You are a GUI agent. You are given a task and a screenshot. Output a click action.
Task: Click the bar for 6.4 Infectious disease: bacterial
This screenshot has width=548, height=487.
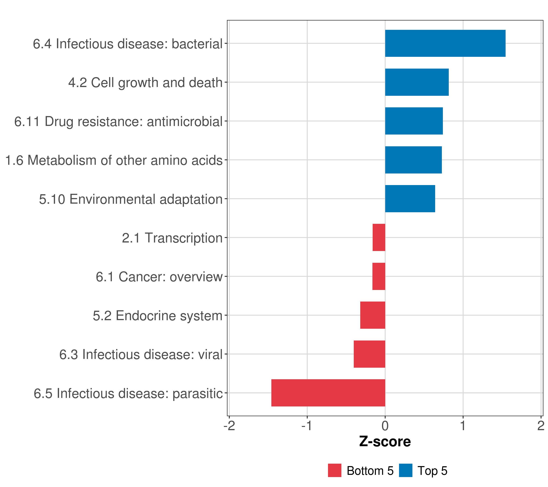tap(445, 43)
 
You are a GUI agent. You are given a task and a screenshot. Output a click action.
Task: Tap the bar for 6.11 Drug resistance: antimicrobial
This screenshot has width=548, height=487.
tap(414, 121)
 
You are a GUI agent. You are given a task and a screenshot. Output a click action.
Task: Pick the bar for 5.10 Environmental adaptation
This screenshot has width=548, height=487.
tap(410, 199)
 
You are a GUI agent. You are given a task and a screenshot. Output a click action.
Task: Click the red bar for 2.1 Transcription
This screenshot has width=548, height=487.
tap(379, 237)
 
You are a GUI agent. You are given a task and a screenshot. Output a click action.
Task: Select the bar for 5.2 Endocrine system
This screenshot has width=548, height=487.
tap(373, 315)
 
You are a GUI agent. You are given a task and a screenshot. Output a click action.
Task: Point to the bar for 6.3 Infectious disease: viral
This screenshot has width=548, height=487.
tap(369, 354)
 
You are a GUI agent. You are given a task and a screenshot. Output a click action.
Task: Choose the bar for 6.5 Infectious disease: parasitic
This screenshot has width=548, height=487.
tap(328, 393)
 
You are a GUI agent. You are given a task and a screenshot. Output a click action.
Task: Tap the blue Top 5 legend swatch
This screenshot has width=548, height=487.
tap(405, 470)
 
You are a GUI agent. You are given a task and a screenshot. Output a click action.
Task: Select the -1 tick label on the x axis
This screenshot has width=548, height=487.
tap(307, 426)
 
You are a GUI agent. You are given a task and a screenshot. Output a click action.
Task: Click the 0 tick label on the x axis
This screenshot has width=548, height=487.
tap(385, 426)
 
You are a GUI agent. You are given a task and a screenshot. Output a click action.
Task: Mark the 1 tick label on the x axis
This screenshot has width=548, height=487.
tap(463, 426)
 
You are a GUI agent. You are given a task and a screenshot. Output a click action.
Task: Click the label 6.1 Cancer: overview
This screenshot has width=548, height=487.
tap(159, 277)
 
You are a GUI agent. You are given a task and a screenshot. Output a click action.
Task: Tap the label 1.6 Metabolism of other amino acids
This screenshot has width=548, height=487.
tap(114, 160)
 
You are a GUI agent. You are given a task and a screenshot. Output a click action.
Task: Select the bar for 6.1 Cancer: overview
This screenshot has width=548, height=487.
tap(379, 276)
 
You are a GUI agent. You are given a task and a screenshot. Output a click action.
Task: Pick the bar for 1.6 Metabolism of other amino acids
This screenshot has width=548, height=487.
tap(413, 160)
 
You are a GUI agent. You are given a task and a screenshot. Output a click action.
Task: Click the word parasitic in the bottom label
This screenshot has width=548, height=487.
tap(198, 394)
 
